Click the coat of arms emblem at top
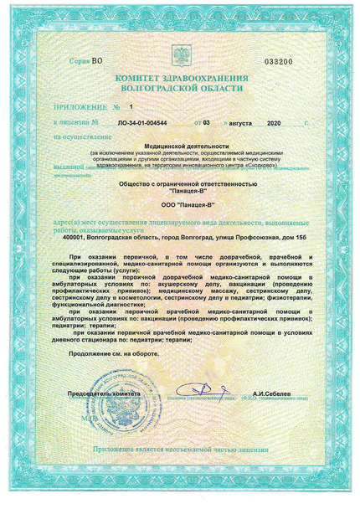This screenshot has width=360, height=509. pyautogui.click(x=179, y=60)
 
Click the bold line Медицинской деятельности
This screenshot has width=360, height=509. pyautogui.click(x=179, y=146)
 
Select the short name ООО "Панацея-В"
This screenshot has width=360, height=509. pyautogui.click(x=179, y=203)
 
